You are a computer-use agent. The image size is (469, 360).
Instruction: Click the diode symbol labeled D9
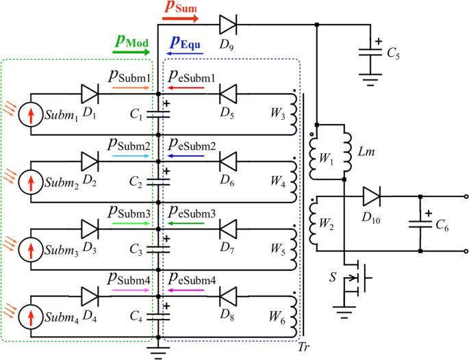227,26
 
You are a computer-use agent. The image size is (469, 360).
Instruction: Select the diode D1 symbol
90,94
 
